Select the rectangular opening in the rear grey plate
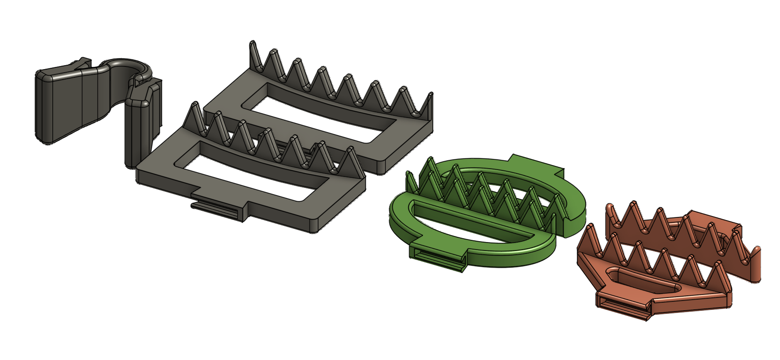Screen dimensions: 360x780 point(317,114)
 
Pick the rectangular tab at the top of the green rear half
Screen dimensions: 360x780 point(537,165)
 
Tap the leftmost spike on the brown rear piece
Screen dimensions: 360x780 point(609,216)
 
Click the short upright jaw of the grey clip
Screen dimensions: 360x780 point(136,132)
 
